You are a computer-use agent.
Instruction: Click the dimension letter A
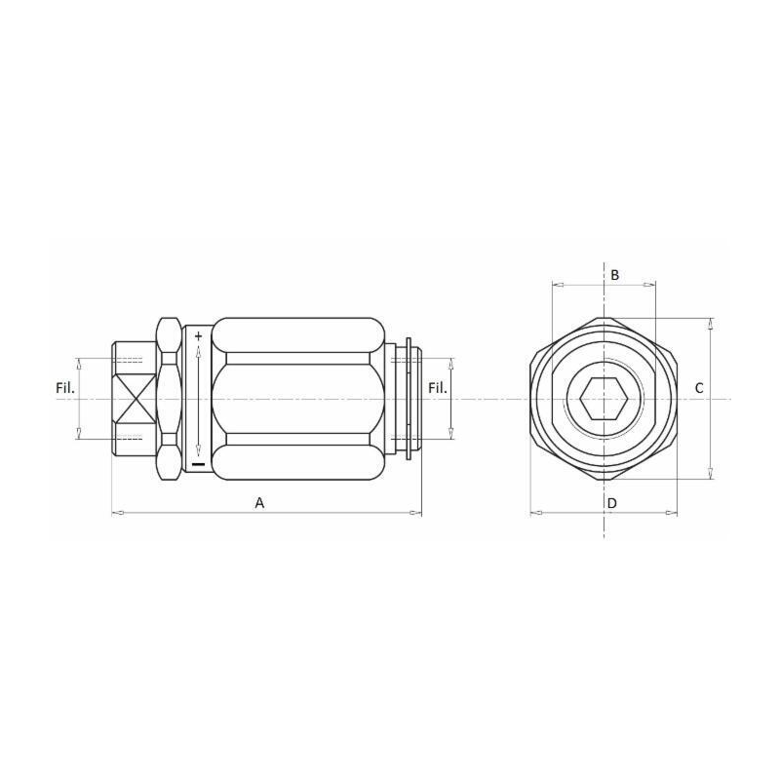point(259,502)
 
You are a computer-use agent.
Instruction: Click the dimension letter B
point(614,275)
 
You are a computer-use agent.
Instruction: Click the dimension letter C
point(698,388)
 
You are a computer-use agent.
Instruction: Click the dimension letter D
point(611,503)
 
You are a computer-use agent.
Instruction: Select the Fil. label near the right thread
point(438,388)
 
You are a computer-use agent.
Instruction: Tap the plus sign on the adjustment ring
point(198,336)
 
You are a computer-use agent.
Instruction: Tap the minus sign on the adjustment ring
point(198,463)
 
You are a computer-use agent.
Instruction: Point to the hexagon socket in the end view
point(603,398)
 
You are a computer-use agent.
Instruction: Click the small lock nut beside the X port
point(169,398)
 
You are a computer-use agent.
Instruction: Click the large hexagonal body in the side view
point(297,398)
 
